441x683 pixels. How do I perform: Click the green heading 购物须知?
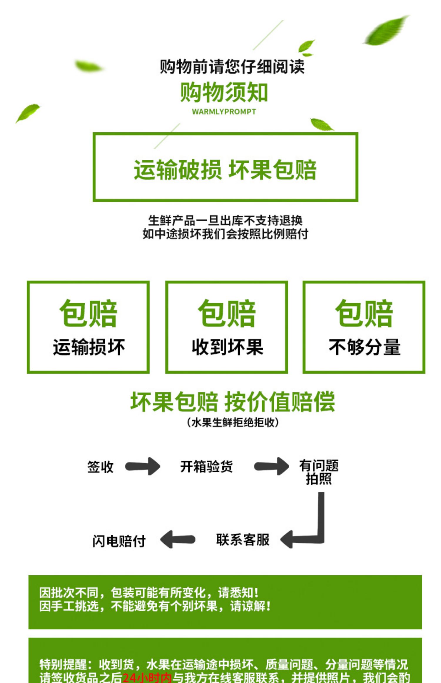click(x=224, y=92)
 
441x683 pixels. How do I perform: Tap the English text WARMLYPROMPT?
click(x=224, y=112)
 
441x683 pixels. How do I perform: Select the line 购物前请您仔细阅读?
click(x=232, y=66)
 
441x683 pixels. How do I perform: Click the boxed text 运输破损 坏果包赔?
click(x=225, y=170)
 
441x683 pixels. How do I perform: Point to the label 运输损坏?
click(x=89, y=347)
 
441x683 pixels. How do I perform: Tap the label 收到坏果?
click(x=227, y=347)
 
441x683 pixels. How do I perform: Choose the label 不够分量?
click(x=365, y=347)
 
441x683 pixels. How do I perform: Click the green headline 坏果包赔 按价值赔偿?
click(x=233, y=402)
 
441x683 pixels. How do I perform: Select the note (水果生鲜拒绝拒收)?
click(x=233, y=423)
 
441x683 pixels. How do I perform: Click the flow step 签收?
click(x=100, y=467)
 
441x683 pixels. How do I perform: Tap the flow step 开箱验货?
click(x=206, y=467)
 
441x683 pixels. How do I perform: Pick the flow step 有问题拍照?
click(x=319, y=472)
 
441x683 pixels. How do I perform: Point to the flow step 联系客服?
click(x=243, y=540)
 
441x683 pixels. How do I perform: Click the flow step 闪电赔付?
click(x=119, y=541)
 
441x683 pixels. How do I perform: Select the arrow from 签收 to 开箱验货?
click(x=143, y=466)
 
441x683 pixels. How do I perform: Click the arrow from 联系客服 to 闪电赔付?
click(x=178, y=539)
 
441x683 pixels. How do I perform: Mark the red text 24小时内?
click(x=147, y=678)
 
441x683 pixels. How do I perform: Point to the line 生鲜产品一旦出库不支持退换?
click(x=225, y=220)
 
